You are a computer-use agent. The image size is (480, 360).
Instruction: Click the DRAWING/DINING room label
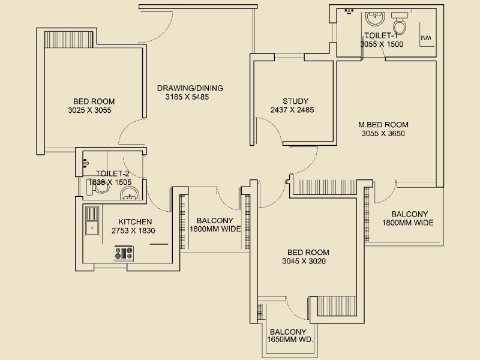pos(190,88)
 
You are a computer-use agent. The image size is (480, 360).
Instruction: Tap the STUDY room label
pos(295,101)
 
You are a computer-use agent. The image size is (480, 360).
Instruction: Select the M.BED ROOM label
pos(383,125)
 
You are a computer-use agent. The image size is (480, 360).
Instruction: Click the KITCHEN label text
pos(135,221)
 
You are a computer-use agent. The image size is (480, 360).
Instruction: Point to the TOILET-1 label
pos(382,35)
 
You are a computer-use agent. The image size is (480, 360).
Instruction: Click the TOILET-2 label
pos(113,174)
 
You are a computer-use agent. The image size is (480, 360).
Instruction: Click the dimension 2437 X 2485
pos(292,110)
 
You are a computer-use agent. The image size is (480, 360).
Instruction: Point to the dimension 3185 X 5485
pos(187,97)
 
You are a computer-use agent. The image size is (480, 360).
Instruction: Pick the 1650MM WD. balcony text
pos(288,340)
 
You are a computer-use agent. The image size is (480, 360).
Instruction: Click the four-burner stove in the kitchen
pos(124,253)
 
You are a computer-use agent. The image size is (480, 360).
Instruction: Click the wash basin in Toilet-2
pos(129,193)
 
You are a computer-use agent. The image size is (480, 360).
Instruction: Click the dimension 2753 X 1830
pos(133,230)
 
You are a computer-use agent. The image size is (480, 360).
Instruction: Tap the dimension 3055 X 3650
pos(383,134)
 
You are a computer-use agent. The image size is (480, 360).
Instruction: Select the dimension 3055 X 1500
pos(382,44)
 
